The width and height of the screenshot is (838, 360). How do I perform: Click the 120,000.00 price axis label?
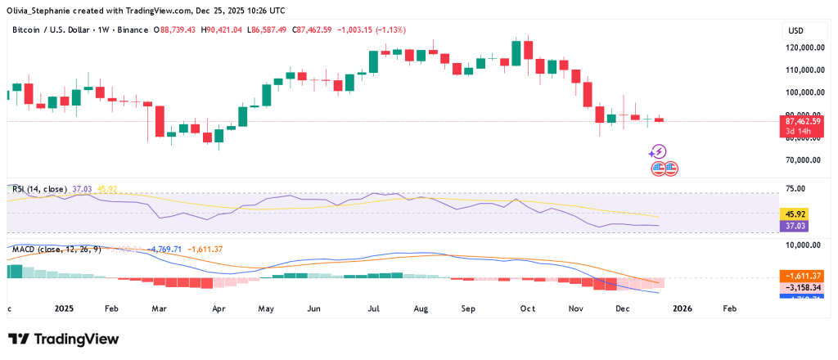click(803, 48)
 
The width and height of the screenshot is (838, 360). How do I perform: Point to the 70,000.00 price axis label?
click(804, 160)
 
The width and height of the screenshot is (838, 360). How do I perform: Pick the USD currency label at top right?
click(795, 30)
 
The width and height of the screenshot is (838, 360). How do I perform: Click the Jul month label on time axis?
click(374, 310)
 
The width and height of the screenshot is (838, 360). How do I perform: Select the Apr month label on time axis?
click(219, 310)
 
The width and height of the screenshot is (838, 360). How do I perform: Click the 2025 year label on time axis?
click(65, 310)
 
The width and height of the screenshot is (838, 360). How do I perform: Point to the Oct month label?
click(527, 310)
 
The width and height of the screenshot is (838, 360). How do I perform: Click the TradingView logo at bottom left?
click(63, 340)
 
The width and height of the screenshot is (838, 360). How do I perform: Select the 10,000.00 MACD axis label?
click(804, 245)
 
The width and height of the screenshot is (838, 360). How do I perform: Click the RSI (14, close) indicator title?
click(40, 189)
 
